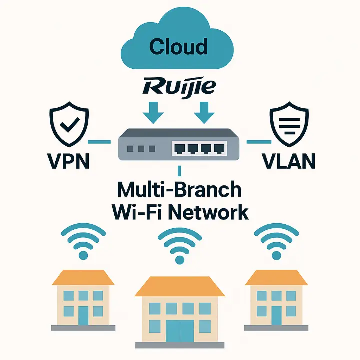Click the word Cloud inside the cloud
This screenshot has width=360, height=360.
click(178, 47)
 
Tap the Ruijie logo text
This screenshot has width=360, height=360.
click(179, 87)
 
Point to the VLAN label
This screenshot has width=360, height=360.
click(288, 161)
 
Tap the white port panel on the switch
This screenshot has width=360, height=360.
click(200, 148)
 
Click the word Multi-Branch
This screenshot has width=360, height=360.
click(179, 191)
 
